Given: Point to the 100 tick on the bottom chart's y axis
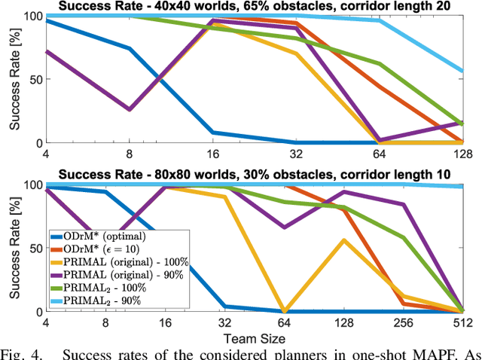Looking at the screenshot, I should [x=26, y=185].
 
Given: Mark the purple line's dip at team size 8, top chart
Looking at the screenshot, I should [x=108, y=110].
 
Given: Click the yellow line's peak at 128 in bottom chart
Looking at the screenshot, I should [x=344, y=240].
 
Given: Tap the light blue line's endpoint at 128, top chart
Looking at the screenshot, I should [x=462, y=72].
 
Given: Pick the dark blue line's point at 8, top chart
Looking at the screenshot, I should [x=108, y=48].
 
